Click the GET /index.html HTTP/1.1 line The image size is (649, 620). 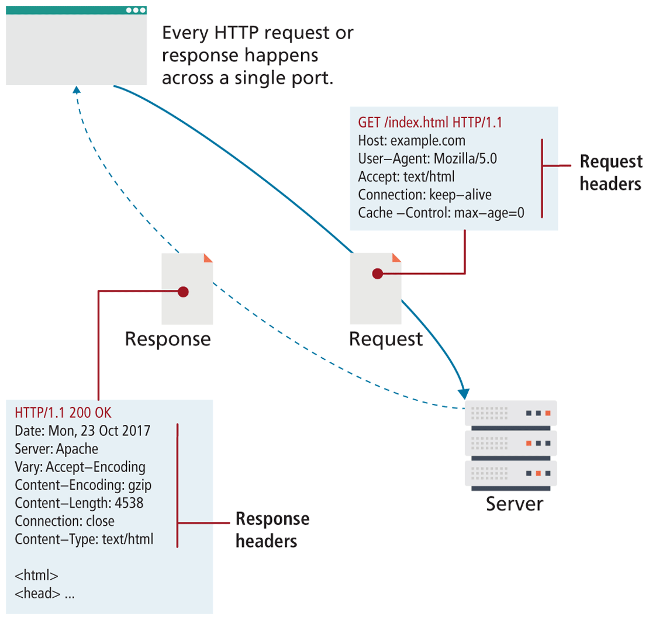[430, 123]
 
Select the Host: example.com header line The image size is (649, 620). [411, 141]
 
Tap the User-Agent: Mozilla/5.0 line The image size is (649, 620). [427, 159]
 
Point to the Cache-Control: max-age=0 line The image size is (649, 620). [440, 213]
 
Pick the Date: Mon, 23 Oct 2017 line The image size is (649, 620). [82, 431]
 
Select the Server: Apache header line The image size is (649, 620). [56, 449]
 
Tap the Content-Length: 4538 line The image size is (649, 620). [79, 503]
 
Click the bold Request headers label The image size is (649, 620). [610, 172]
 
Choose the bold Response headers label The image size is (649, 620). [272, 530]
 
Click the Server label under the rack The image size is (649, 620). [514, 503]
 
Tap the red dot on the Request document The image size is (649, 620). [377, 273]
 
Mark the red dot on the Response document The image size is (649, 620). [183, 291]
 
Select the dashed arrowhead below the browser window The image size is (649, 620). [75, 89]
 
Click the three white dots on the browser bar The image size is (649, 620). [136, 10]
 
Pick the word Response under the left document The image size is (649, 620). [168, 339]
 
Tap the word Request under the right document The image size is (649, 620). [385, 339]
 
